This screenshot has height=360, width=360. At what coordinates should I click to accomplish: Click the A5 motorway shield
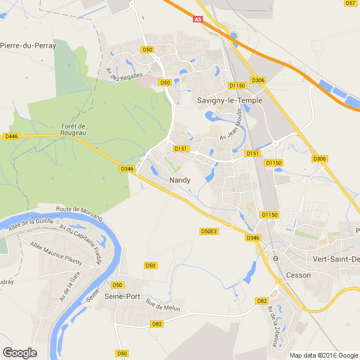tap(198, 19)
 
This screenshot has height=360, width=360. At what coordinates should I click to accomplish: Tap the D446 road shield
tap(11, 136)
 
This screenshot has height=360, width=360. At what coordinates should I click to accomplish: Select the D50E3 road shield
tap(209, 231)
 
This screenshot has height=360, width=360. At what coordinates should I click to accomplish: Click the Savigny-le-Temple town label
tap(229, 100)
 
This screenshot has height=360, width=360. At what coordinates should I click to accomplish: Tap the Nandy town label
tap(179, 180)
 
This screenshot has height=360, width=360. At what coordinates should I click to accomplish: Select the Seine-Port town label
tap(123, 296)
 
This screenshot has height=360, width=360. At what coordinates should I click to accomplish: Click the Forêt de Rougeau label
tap(74, 129)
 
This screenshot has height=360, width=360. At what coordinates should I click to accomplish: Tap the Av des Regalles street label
tap(124, 75)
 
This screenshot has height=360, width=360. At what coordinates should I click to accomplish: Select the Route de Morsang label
tap(79, 213)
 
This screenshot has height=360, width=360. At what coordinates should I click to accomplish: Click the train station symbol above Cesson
tap(275, 258)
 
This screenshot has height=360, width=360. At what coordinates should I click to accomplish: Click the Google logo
tap(19, 352)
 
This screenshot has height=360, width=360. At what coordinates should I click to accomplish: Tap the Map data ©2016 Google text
tap(324, 355)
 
